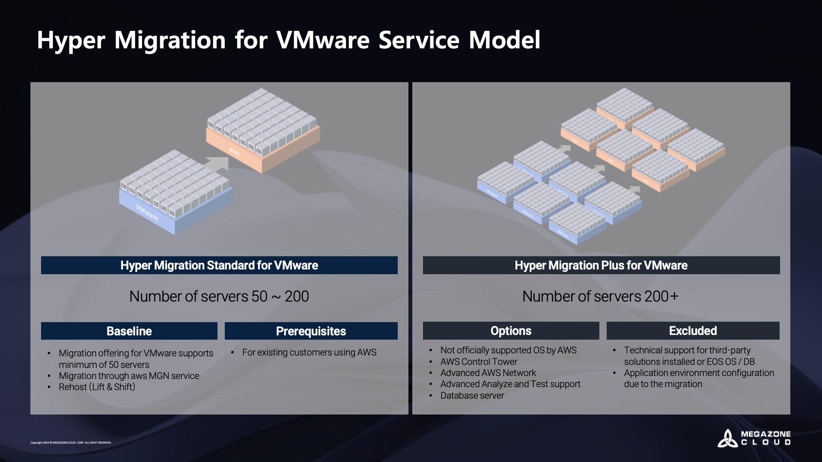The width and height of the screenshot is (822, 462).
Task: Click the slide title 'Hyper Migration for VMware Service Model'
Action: (x=289, y=40)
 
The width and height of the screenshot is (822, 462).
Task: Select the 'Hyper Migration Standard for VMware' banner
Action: (x=219, y=265)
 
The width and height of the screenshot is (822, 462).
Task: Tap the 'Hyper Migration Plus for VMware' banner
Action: (x=601, y=265)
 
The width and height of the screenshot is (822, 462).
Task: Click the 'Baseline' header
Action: (x=129, y=331)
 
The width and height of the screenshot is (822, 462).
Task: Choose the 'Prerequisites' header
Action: (x=311, y=331)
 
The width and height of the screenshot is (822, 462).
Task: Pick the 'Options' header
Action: (x=511, y=331)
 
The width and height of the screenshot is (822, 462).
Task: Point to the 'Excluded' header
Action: (x=693, y=331)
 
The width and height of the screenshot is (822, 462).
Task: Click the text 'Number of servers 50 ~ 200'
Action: (x=219, y=296)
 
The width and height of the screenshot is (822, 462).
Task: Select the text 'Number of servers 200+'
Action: (x=600, y=296)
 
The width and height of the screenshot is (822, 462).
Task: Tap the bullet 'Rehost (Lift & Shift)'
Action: (x=97, y=387)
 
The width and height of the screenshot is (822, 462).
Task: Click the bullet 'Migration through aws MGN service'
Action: (x=129, y=376)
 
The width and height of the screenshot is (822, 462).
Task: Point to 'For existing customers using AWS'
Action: (x=309, y=352)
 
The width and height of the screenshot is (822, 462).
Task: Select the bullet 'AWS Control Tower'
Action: (x=479, y=362)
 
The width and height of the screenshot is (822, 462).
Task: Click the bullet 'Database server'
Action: (x=472, y=396)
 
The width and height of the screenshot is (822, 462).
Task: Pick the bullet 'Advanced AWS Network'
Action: (x=488, y=373)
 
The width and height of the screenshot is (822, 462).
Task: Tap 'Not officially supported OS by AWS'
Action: (x=508, y=350)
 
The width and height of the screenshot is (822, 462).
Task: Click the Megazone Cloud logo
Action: (x=754, y=438)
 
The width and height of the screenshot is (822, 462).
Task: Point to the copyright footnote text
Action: (x=71, y=443)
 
